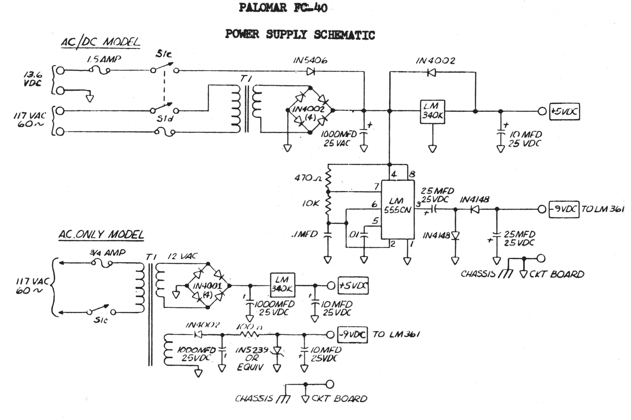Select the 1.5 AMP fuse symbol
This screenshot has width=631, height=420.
point(100,71)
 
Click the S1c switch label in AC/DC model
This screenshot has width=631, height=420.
point(163,54)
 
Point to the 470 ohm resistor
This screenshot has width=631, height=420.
point(327,178)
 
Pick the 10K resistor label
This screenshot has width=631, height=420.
point(311,204)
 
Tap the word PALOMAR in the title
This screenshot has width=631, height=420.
point(263,8)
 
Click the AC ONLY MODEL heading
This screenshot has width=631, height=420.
point(101,234)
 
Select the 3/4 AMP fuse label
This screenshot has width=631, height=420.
point(108,252)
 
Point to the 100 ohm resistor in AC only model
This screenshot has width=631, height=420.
point(249,335)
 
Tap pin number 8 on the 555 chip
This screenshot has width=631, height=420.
point(412,175)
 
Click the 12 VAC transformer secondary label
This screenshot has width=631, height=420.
point(182,257)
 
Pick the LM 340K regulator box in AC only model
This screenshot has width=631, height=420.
point(282,285)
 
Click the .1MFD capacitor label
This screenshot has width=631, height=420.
point(304,234)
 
